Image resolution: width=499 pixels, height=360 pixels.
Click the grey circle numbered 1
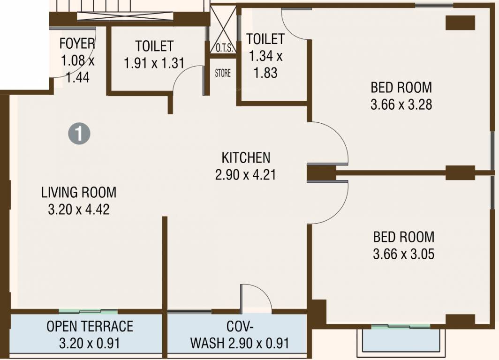79,134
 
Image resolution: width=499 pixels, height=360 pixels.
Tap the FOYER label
77,44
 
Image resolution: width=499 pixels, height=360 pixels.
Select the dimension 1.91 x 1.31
154,63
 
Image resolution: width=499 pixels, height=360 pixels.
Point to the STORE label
223,73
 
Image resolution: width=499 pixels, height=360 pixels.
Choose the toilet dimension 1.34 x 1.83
265,65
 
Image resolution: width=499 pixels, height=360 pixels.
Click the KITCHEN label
246,157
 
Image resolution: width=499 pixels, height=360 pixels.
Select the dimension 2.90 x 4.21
246,175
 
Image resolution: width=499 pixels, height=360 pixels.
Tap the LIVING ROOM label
79,192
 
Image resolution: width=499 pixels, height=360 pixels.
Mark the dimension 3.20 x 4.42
79,210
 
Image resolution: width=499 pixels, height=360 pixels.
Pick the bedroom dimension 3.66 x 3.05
403,254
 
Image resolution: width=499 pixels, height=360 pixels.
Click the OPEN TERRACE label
90,326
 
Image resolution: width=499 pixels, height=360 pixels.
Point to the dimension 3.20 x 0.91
90,343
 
